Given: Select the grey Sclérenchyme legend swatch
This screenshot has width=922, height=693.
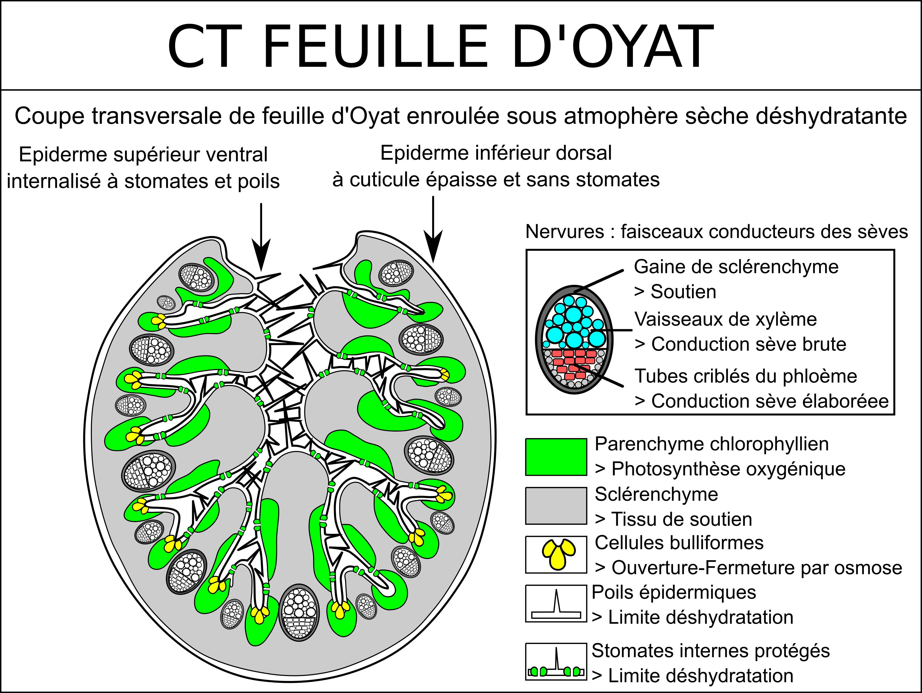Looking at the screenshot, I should point(556,506).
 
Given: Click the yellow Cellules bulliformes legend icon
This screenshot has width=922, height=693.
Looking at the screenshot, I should point(559,554).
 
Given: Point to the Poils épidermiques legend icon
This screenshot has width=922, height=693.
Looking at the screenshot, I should point(556,603).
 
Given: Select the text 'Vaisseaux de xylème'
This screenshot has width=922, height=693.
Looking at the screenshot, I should point(725,319).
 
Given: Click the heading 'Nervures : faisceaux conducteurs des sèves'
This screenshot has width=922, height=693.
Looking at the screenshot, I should point(716,231).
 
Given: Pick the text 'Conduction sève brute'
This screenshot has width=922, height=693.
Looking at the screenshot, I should point(748,344).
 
